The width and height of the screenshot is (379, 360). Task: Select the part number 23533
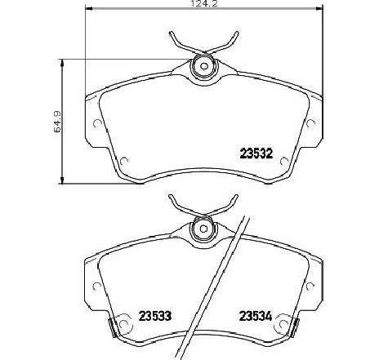156,318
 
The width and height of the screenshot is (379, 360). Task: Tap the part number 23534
254,318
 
